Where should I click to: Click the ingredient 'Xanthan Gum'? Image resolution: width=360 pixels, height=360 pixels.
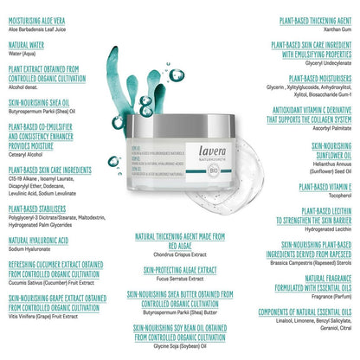332,29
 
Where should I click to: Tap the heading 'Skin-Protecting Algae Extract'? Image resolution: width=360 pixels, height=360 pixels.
179,270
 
